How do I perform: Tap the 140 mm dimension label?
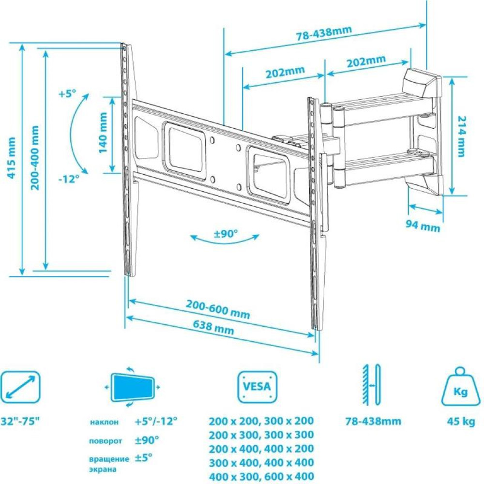pyautogui.click(x=103, y=133)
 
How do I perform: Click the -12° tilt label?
pyautogui.click(x=69, y=179)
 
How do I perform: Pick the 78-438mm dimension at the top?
pyautogui.click(x=324, y=34)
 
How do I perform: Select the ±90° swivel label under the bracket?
pyautogui.click(x=226, y=234)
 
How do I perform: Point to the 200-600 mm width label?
pyautogui.click(x=218, y=310)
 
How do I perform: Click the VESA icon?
pyautogui.click(x=257, y=387)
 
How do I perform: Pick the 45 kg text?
pyautogui.click(x=461, y=421)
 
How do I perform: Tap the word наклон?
pyautogui.click(x=104, y=422)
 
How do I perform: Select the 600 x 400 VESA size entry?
pyautogui.click(x=289, y=476)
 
